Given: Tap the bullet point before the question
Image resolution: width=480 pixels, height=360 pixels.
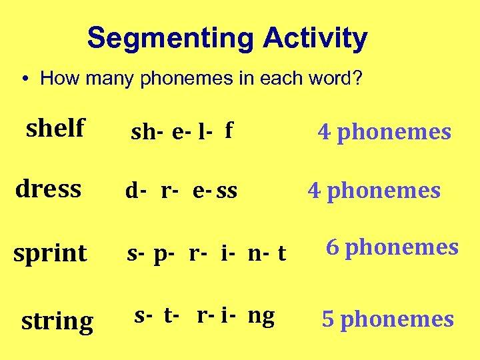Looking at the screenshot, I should (23, 79).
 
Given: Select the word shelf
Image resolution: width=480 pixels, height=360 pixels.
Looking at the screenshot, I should (55, 127).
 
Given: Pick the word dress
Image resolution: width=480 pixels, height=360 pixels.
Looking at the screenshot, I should (48, 189).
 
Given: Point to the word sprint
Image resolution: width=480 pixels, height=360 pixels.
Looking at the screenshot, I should (51, 254).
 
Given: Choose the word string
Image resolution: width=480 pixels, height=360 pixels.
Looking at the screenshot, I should (57, 321).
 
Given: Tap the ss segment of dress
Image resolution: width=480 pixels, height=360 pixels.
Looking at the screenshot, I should (227, 191).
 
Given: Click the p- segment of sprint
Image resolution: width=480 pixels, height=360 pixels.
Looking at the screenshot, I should (163, 254).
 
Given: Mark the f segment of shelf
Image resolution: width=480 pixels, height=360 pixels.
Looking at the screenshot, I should (229, 131).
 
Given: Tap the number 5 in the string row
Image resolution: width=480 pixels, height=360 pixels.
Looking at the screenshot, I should (328, 319).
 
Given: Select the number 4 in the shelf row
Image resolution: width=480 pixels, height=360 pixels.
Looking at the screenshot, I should (325, 132).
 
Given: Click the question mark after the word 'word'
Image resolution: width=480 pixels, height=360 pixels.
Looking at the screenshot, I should (358, 79).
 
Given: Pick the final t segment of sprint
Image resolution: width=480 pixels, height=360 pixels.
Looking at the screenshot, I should (282, 253).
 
